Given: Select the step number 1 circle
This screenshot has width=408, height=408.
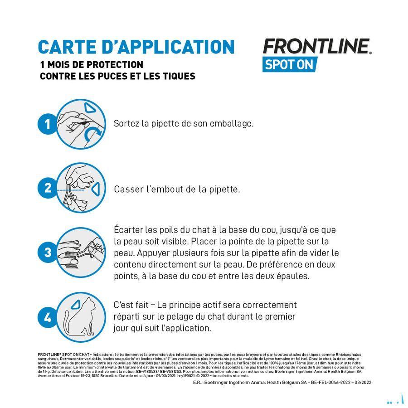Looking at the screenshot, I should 47,124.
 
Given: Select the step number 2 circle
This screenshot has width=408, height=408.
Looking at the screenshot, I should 47,188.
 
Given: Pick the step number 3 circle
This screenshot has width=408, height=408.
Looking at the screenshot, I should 47,252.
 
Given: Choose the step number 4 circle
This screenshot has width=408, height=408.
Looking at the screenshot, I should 47,317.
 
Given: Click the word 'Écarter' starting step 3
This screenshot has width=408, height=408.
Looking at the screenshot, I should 129,230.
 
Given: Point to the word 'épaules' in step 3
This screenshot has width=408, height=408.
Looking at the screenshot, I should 292,276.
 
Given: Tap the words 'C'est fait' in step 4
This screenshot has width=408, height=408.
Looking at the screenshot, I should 131,305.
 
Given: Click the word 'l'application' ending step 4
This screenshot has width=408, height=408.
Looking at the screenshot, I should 186,328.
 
